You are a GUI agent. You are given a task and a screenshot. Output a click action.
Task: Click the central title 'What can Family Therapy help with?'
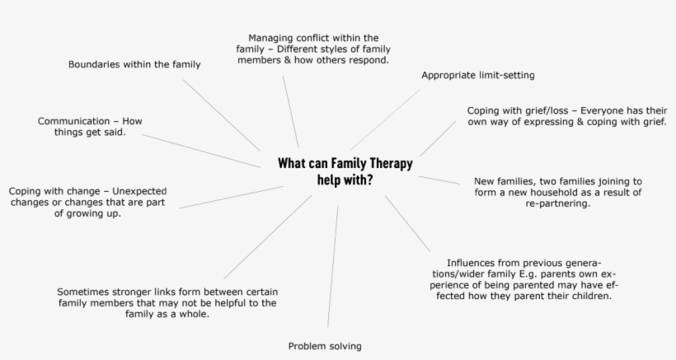click(x=345, y=171)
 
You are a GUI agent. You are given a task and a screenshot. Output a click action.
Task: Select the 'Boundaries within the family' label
click(x=134, y=63)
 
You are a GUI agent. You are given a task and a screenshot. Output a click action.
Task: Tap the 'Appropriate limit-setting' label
click(x=478, y=75)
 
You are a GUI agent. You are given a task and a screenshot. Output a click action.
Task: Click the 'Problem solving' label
click(x=325, y=346)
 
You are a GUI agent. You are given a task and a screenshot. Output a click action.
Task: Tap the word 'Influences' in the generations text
click(x=472, y=262)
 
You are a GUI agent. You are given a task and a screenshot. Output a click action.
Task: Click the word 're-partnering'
click(x=557, y=203)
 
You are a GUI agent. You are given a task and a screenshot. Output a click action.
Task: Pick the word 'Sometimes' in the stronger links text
click(x=84, y=292)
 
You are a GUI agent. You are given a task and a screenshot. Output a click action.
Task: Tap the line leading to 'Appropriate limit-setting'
click(x=384, y=119)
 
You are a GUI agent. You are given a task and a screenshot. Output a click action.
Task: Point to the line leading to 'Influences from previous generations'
click(x=406, y=222)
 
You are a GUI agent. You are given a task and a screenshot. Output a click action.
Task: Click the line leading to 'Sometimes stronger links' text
click(x=267, y=236)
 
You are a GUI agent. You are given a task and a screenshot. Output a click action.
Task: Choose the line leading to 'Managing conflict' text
click(x=290, y=111)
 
